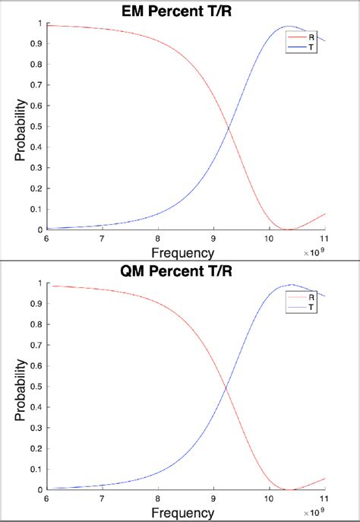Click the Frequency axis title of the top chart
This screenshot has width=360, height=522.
tap(182, 252)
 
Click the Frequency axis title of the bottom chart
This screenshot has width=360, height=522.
tap(182, 513)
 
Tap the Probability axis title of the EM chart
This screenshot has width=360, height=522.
tap(21, 126)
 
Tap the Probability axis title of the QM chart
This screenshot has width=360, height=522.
tap(21, 387)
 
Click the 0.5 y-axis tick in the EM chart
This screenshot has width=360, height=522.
tap(39, 127)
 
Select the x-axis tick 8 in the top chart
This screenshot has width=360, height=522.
tap(157, 238)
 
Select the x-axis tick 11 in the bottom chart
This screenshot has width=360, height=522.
tap(324, 498)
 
